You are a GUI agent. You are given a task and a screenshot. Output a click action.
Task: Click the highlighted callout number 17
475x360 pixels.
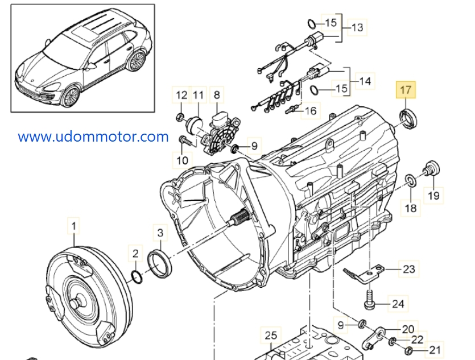point(406,90)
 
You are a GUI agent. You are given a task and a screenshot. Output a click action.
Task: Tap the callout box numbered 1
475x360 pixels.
point(73,226)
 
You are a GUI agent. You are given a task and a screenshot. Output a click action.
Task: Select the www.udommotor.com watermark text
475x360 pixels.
point(93,136)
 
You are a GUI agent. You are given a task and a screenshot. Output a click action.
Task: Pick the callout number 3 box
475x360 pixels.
point(160,233)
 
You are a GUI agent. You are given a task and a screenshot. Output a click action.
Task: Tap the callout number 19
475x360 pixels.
point(434,196)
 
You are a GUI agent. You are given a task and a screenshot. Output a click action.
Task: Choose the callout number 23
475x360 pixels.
point(409,268)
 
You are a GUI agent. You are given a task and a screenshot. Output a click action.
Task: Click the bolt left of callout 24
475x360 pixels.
point(370,299)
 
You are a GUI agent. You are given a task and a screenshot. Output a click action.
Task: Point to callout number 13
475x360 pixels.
point(357,27)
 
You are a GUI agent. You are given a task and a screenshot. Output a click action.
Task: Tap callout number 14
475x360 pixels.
point(365,81)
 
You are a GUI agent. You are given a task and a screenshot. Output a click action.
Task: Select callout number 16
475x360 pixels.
point(311,110)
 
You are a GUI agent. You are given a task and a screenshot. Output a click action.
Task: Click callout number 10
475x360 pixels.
point(182,160)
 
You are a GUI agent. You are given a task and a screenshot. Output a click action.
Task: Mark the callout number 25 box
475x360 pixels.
point(271,335)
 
